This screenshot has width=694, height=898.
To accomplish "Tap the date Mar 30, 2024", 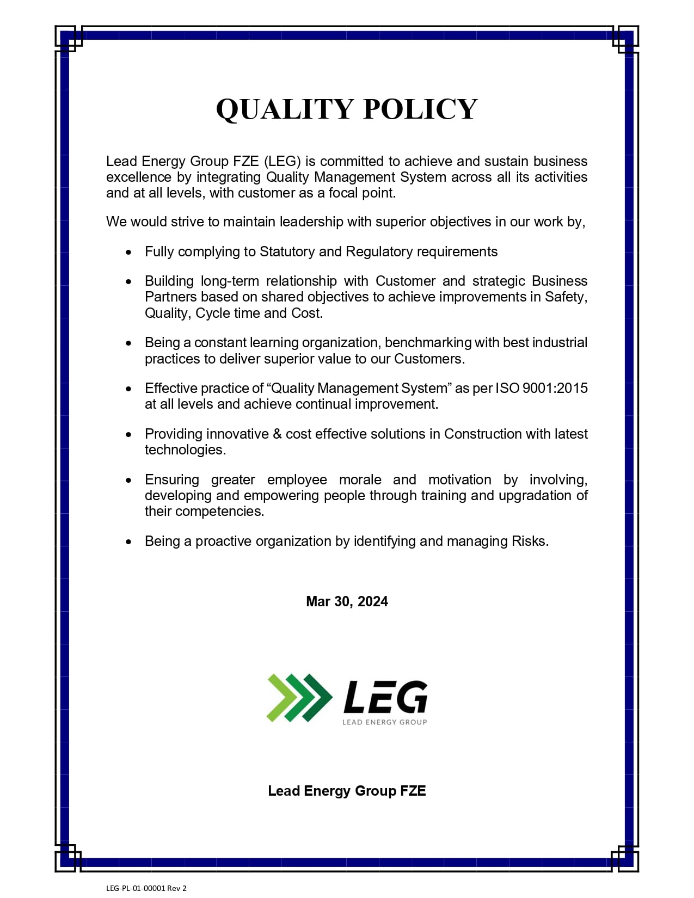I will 347,601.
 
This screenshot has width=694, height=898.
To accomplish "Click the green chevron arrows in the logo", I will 299,698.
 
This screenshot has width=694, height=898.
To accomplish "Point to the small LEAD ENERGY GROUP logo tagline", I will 384,722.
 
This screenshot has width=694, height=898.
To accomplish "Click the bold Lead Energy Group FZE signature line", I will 347,791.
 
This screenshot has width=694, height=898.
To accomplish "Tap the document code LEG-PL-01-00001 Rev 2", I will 146,888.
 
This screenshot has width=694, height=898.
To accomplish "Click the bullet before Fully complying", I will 128,253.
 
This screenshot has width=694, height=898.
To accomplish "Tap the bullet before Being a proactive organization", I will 128,542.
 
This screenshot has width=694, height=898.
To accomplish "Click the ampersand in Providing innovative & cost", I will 277,434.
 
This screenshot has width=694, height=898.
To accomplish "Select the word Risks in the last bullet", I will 530,541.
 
